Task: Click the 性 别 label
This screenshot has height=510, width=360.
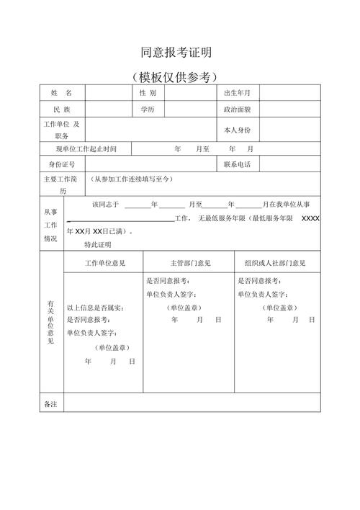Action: point(148,94)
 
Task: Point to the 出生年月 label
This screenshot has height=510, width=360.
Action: point(237,94)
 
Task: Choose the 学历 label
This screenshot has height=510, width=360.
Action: point(148,110)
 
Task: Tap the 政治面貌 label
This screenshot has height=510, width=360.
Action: point(237,110)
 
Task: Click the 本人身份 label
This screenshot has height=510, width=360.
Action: point(237,130)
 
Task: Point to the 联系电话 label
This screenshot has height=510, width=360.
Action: point(237,165)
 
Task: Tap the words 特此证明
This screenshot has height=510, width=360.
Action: point(97,245)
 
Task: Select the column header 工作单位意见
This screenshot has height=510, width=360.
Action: point(105,264)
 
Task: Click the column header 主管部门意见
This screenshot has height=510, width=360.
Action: point(190,264)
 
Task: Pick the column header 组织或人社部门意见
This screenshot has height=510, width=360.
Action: point(275,264)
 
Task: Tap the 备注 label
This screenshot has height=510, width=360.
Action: point(50,404)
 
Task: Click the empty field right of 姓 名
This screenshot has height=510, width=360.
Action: point(107,94)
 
